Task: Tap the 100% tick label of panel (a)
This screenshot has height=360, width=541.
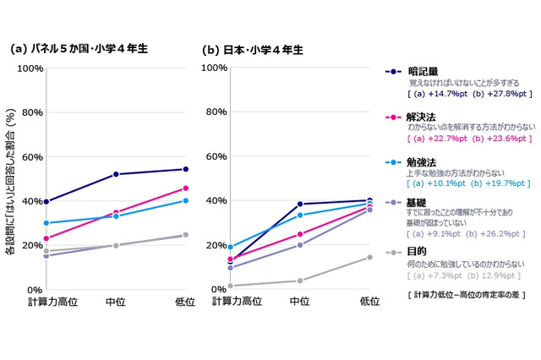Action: point(30,68)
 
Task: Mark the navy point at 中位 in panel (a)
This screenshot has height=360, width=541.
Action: point(116,174)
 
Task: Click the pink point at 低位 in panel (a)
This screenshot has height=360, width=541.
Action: point(186,188)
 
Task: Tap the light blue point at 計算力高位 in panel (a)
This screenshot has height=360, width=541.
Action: point(46,223)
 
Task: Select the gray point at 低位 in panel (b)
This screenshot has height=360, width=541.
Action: point(370,258)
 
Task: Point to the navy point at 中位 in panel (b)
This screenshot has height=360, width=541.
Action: point(300,204)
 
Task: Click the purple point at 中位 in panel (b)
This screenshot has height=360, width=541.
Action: point(300,245)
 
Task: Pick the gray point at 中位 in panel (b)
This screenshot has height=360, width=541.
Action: point(300,281)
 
